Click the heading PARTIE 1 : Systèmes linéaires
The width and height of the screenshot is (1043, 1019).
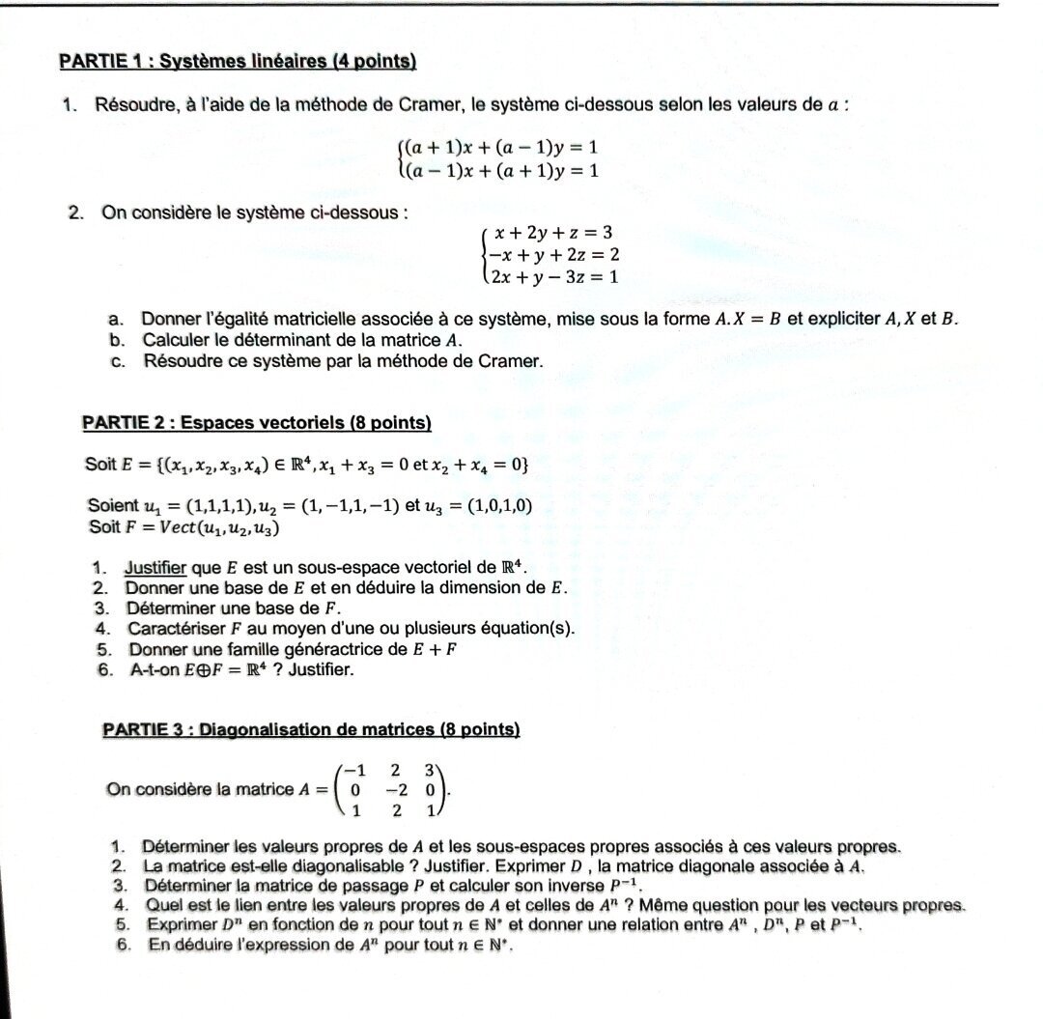[238, 62]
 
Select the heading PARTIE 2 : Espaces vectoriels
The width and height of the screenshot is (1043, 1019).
[257, 423]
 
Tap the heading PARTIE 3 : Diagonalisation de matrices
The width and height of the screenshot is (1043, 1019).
[311, 729]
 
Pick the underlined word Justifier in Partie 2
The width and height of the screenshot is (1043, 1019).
[155, 569]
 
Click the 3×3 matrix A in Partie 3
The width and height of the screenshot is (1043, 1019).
[390, 790]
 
